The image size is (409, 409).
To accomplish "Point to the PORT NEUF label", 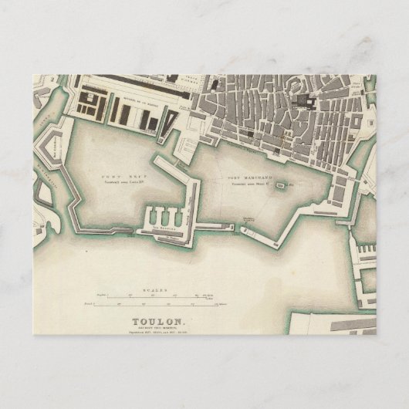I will click(120, 176).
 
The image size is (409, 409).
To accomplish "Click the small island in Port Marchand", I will click(281, 185).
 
